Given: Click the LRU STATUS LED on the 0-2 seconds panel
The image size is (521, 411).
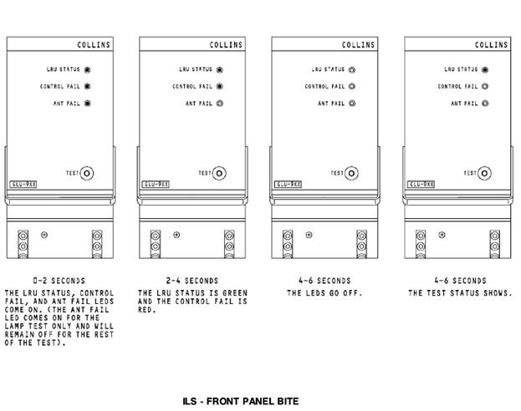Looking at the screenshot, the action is click(88, 70).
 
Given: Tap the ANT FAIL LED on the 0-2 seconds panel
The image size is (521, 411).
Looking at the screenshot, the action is click(88, 104).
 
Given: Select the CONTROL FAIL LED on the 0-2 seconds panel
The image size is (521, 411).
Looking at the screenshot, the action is click(88, 86).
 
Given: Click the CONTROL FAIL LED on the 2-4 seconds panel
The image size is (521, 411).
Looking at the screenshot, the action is click(220, 86).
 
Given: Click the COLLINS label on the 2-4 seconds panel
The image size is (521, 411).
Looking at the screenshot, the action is click(225, 44).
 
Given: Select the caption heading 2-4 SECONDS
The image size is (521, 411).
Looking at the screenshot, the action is click(192, 281).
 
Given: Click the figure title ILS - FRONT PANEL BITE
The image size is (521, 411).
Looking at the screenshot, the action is click(240, 401).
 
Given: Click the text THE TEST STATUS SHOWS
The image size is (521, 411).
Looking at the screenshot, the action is click(459, 293).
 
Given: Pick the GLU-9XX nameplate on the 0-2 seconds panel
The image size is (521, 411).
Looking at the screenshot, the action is click(23, 183).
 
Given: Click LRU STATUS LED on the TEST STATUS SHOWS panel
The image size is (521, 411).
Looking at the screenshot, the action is click(485, 70).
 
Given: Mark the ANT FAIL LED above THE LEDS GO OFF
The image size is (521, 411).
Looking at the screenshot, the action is click(352, 104).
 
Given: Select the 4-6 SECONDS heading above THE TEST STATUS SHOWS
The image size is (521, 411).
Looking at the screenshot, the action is click(459, 281).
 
